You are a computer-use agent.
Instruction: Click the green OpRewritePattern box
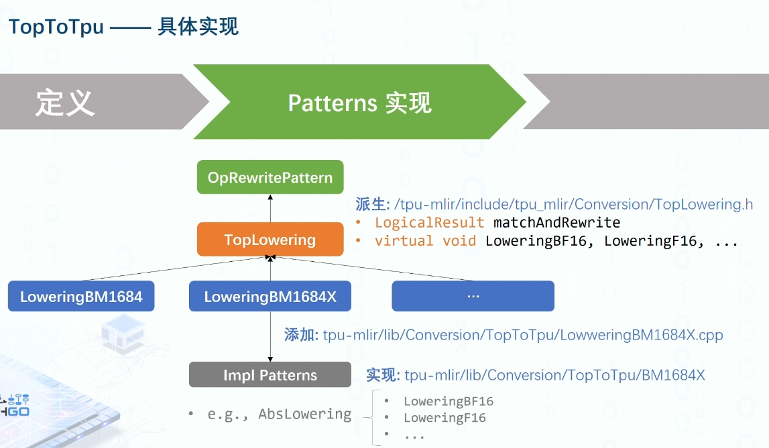coord(270,177)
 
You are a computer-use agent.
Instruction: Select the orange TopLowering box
coord(270,240)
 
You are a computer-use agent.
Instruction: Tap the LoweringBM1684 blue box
coord(81,297)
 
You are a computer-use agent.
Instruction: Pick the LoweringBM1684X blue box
coord(270,297)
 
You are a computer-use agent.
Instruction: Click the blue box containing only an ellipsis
coord(473,296)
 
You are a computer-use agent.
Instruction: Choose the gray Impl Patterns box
coord(270,375)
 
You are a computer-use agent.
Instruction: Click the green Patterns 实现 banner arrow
coord(359,102)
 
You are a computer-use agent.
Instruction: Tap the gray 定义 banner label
coord(65,102)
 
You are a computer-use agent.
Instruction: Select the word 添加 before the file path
coord(300,335)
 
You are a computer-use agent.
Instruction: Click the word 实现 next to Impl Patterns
coord(383,375)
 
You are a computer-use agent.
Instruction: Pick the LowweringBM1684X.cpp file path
coord(523,335)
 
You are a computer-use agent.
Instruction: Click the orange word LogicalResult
coord(429,222)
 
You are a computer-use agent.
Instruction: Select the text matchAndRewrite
coord(556,222)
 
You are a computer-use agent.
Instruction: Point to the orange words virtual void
coord(425,241)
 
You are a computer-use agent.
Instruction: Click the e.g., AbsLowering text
coord(279,414)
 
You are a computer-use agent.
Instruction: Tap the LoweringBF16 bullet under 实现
coord(448,402)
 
